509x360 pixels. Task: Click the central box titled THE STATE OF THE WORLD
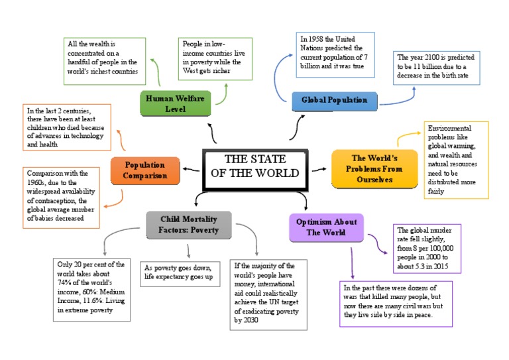pyautogui.click(x=254, y=166)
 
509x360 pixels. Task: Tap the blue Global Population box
pyautogui.click(x=334, y=100)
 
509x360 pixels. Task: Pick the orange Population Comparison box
pyautogui.click(x=144, y=170)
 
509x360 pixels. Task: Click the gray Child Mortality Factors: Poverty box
pyautogui.click(x=188, y=225)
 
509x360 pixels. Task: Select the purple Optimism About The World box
pyautogui.click(x=326, y=227)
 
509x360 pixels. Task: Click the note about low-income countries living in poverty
pyautogui.click(x=205, y=62)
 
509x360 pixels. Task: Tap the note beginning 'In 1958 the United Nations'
pyautogui.click(x=335, y=55)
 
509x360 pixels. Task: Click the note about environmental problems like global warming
pyautogui.click(x=456, y=160)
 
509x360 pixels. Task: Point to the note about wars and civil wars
pyautogui.click(x=396, y=304)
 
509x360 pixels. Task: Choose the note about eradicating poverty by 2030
pyautogui.click(x=268, y=294)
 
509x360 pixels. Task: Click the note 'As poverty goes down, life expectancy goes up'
pyautogui.click(x=181, y=272)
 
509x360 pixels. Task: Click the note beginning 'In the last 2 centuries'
pyautogui.click(x=65, y=126)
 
